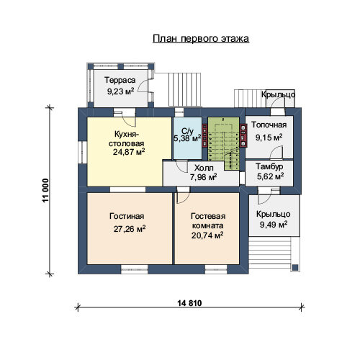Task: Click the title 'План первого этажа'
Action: click(201, 38)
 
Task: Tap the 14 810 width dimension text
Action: click(189, 303)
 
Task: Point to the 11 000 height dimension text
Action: click(45, 190)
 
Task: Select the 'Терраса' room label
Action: click(120, 80)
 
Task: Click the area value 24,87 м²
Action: click(129, 152)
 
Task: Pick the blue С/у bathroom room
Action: click(187, 138)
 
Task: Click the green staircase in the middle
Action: click(224, 143)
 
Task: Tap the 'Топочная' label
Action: click(269, 125)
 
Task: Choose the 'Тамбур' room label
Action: click(269, 166)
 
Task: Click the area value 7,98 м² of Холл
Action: click(204, 177)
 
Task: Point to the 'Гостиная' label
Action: click(127, 216)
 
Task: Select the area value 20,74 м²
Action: click(207, 235)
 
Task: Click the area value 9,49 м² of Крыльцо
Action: click(274, 225)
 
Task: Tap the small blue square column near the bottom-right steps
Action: click(295, 267)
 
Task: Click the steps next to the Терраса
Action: click(184, 89)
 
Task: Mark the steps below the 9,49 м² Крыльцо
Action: click(270, 253)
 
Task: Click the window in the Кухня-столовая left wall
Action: click(82, 153)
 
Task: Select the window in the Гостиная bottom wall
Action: click(135, 269)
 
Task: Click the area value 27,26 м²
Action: click(130, 229)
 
